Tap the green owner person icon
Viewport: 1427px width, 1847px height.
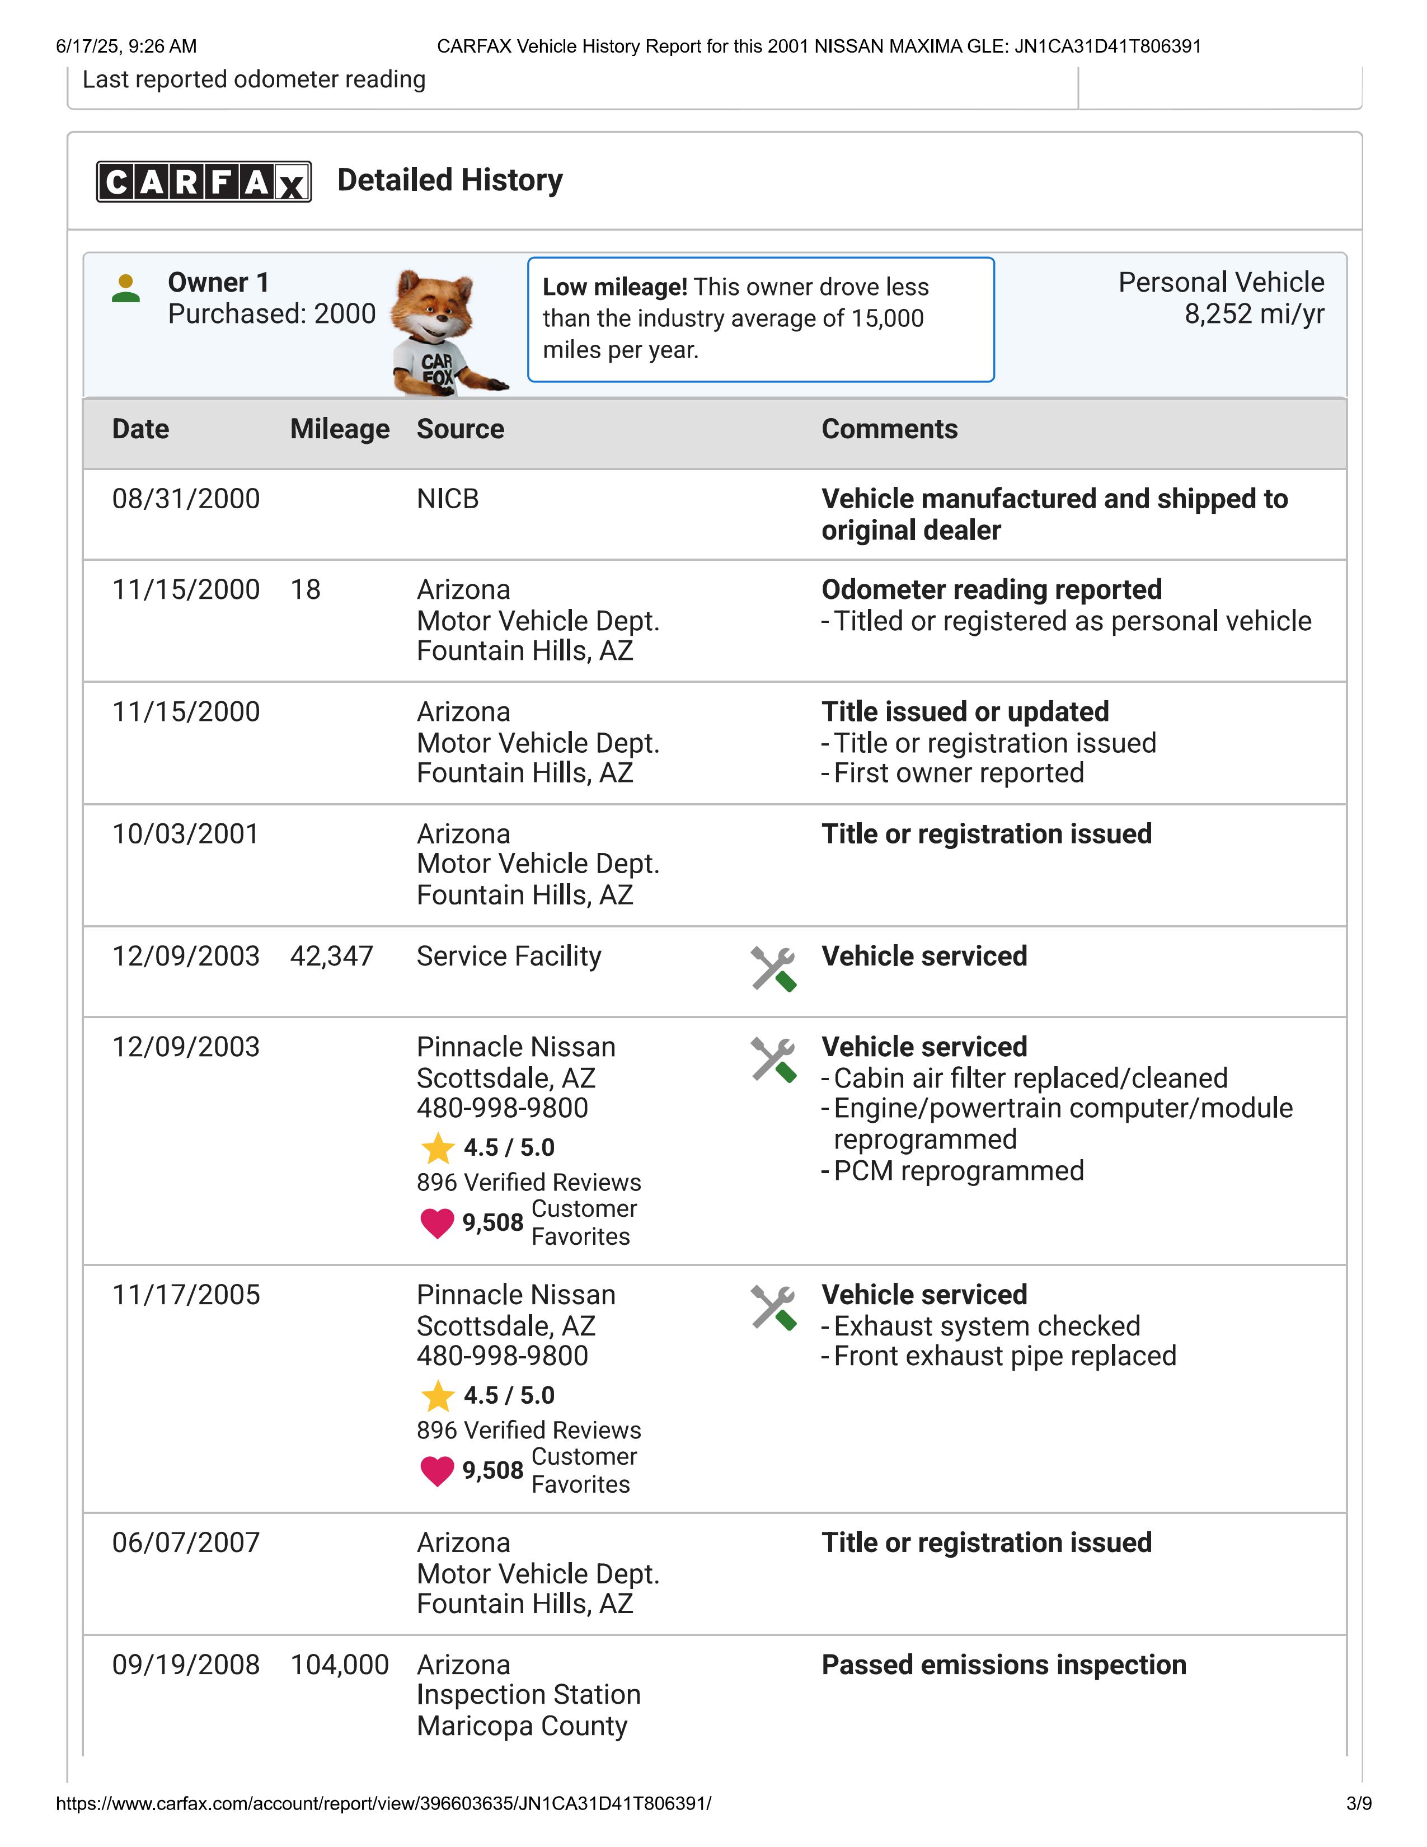click(126, 288)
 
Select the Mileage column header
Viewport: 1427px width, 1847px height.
click(340, 430)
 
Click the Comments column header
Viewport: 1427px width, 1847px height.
click(889, 430)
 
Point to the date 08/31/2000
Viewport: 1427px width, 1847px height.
click(186, 499)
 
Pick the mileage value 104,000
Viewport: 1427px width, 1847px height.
click(339, 1665)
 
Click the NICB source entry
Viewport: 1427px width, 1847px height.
click(447, 499)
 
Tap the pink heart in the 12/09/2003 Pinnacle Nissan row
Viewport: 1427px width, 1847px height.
click(437, 1223)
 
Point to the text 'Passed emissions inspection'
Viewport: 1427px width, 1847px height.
click(1003, 1665)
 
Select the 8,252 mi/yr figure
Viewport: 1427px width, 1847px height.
click(1254, 315)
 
